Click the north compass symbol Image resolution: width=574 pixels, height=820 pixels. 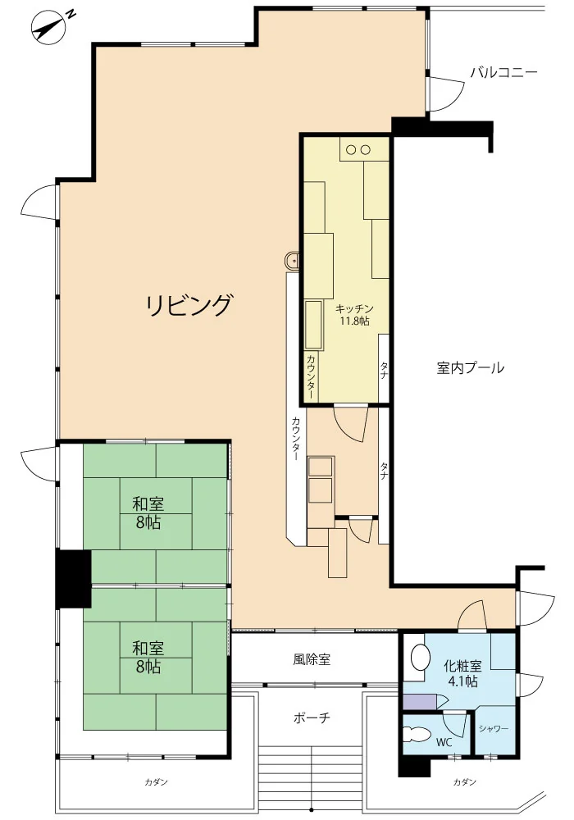coord(51,26)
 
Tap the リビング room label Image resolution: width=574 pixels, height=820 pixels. coord(189,305)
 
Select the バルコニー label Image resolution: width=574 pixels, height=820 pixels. coord(503,71)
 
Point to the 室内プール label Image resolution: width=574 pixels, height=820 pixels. coord(470,367)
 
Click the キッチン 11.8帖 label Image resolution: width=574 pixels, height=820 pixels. coord(354,315)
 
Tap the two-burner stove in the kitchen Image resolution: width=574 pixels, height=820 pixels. coord(358,149)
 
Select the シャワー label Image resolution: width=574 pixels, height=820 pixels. coord(493,728)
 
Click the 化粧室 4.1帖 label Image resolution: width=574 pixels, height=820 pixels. coord(462,673)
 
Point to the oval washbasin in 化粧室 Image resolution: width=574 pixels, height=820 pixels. coord(419,656)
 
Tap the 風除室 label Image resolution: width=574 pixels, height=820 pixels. coord(312,659)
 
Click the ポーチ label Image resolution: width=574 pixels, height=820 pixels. coord(312,717)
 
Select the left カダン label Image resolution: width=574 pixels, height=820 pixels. coord(157,782)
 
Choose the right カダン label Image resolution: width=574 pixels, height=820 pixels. coord(465,782)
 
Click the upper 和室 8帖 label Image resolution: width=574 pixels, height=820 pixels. coord(148,513)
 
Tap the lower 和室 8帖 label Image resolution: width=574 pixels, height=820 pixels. coord(148,658)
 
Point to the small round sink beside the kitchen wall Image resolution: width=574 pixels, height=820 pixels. coord(291,261)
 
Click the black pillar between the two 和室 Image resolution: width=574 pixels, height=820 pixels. coord(73,579)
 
